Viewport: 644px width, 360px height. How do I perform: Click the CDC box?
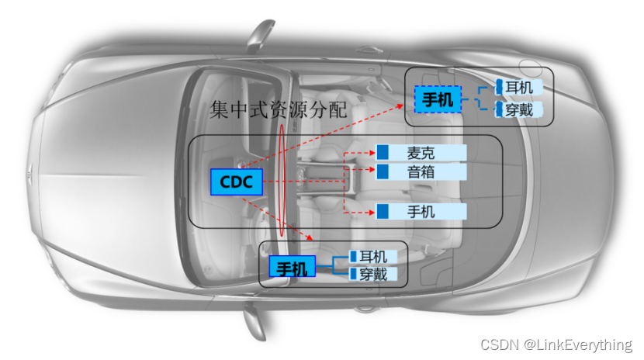237,182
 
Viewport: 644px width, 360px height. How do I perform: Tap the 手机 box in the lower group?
292,268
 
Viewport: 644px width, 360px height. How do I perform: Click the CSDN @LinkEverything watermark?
556,344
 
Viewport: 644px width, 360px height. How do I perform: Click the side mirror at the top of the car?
261,33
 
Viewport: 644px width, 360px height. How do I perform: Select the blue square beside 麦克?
383,153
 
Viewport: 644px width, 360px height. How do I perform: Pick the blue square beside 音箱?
383,171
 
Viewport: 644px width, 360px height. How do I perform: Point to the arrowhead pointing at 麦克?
372,153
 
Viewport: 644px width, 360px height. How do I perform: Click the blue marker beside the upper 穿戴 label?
500,109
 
